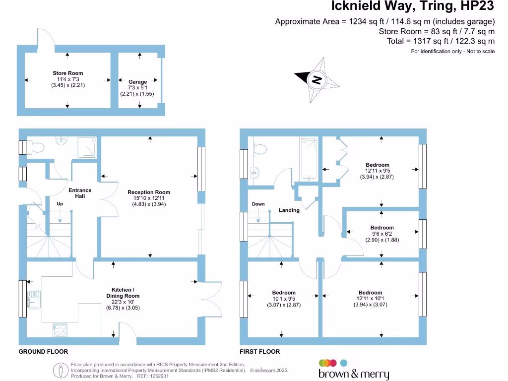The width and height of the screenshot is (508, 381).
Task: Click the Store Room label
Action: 68,73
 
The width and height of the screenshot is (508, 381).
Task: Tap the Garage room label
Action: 137,82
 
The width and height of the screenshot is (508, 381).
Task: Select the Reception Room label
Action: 149,192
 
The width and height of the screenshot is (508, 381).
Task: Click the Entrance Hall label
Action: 80,193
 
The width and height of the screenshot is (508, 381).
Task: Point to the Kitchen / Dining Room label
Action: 122,293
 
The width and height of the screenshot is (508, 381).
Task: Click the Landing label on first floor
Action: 289,210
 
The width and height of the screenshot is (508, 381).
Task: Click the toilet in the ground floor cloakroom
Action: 36,147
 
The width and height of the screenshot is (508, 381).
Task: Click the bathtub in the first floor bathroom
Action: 308,159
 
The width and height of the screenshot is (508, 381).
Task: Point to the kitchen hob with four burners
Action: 60,329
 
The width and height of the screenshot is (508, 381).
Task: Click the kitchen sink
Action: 34,299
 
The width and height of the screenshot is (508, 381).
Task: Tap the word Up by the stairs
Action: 60,204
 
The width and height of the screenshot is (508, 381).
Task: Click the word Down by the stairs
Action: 258,204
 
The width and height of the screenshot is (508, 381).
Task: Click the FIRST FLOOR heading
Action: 259,352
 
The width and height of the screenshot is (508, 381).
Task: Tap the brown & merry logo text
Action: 353,374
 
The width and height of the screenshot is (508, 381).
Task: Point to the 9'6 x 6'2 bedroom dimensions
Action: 381,234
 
